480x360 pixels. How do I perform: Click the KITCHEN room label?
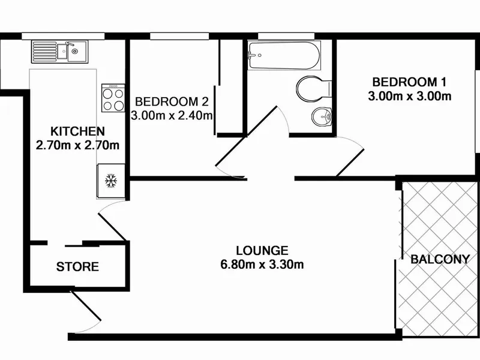coord(77,131)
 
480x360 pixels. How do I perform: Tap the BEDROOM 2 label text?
coord(172,101)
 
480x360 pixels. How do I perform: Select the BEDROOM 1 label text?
coord(409,82)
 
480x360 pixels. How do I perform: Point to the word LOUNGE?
coord(262,251)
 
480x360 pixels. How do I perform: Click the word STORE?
coord(77,267)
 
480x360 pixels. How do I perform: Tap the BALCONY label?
coord(440,260)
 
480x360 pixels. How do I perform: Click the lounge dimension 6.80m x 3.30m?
coord(262,265)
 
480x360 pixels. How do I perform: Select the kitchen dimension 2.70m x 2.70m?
coord(77,145)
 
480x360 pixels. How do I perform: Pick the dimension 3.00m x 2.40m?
coord(172,116)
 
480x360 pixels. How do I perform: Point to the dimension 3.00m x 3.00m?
coord(409,97)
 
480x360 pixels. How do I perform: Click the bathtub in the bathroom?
coord(284,55)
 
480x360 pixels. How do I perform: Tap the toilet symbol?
coord(314,89)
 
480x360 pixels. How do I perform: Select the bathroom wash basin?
coord(322,117)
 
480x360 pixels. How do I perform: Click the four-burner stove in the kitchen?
coord(113,98)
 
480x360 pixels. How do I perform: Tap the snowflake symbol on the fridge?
coord(111,181)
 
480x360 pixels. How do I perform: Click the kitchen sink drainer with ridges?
coord(44,52)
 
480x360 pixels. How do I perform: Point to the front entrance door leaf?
coord(86,306)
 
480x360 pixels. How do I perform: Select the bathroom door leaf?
coord(262,121)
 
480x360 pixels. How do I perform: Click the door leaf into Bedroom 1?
coord(350,163)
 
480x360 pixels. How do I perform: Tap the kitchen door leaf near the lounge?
coord(112,227)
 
